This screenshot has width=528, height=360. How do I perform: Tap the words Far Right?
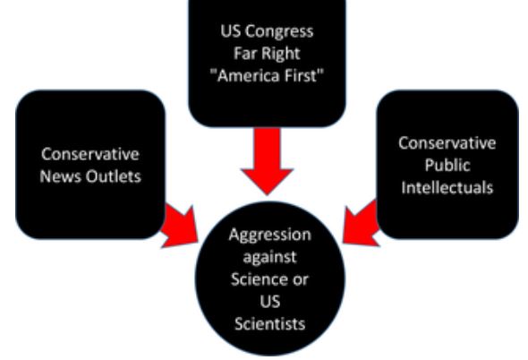click(267, 54)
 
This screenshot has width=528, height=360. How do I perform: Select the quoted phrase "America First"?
click(267, 75)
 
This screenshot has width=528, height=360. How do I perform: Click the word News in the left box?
click(61, 176)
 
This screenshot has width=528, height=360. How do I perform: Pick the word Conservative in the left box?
click(90, 154)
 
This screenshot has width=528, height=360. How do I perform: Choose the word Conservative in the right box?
click(447, 143)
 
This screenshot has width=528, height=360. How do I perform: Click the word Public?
click(447, 165)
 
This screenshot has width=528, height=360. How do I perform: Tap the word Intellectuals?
click(447, 187)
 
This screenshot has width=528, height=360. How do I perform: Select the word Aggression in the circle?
click(270, 235)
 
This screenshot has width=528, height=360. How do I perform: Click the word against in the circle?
click(269, 257)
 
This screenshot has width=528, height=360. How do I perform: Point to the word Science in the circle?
click(259, 279)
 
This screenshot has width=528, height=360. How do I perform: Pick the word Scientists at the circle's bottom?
click(270, 324)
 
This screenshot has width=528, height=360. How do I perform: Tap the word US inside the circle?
click(270, 302)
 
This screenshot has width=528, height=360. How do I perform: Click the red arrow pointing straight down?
click(267, 161)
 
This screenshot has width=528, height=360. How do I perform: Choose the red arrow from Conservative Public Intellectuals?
click(361, 224)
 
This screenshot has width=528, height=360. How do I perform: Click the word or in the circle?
click(300, 279)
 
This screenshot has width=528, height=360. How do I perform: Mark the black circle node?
click(270, 279)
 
